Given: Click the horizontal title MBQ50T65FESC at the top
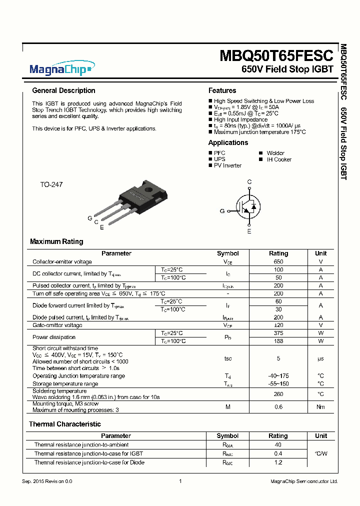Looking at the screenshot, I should [276, 55].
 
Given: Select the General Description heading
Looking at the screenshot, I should [63, 90].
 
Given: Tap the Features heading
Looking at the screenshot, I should [222, 90].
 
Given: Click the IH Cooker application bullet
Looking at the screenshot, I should [278, 159].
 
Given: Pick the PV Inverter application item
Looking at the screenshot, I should [227, 165].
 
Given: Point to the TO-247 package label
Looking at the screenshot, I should [51, 184].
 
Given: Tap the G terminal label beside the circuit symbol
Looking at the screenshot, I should [222, 211].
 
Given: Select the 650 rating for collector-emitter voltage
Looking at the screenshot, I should [278, 261].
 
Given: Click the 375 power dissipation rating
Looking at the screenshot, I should [278, 332].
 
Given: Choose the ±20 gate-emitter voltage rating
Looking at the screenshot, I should [278, 325].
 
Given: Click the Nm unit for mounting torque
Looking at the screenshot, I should [320, 407].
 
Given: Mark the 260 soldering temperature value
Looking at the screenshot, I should [278, 394].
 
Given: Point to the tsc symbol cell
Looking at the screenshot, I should [227, 358].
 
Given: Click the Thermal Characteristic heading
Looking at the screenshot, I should [65, 424].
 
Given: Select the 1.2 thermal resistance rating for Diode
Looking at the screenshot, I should [278, 462].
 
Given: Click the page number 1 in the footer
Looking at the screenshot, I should [180, 481].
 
